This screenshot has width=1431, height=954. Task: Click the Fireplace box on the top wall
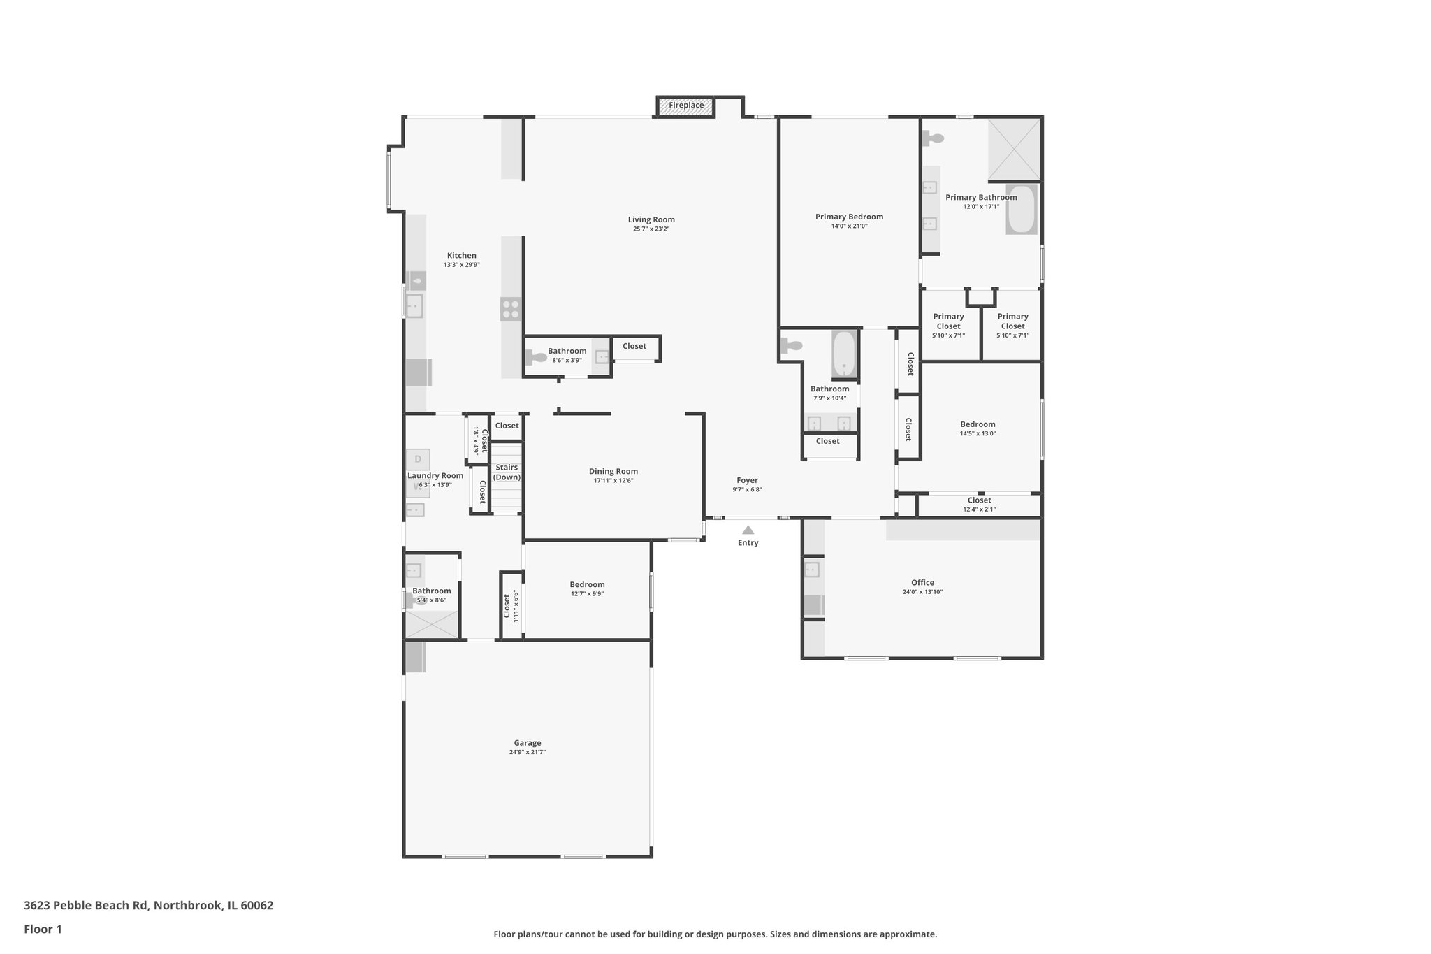[x=685, y=106]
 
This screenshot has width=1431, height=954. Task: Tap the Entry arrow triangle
[x=748, y=530]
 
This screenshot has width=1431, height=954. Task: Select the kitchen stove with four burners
[x=511, y=309]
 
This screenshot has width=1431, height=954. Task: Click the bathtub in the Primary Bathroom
[x=1022, y=209]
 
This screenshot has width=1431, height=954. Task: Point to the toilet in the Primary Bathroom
[x=933, y=139]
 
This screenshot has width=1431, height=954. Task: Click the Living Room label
[x=651, y=219]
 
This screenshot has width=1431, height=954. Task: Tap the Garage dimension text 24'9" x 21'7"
[x=527, y=753]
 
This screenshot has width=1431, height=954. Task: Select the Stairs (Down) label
[x=507, y=472]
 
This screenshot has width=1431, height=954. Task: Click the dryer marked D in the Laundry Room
[x=418, y=459]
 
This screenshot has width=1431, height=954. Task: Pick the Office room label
[x=922, y=582]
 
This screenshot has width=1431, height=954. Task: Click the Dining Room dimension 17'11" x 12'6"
[x=613, y=481]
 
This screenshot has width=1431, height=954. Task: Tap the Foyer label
[x=747, y=480]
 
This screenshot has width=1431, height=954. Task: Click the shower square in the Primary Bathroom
[x=1015, y=149]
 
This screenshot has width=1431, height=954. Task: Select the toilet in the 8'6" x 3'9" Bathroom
[x=536, y=358]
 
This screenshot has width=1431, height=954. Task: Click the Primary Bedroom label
[x=849, y=217]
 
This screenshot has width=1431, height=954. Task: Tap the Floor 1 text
[x=43, y=929]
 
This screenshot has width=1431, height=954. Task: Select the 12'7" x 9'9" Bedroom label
[x=587, y=584]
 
